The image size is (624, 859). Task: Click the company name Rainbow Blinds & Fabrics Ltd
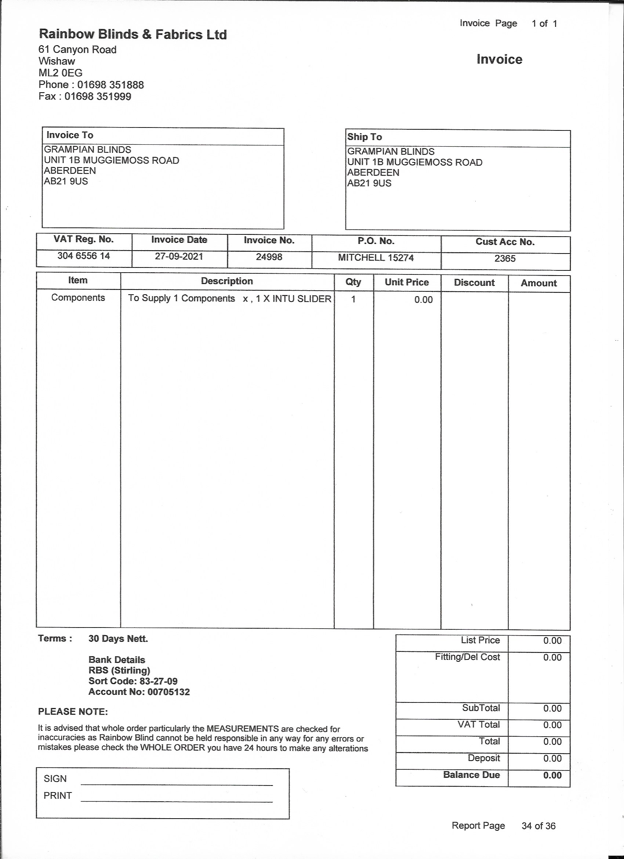tap(133, 35)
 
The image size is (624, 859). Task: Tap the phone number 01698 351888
tap(110, 85)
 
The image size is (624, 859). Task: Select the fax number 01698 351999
tap(98, 97)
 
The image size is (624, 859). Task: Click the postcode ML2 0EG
tap(61, 73)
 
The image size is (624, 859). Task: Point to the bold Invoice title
tap(499, 60)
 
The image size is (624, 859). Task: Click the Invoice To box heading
tap(70, 135)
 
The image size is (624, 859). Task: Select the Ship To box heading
tap(364, 137)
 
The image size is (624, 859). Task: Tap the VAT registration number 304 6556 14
tap(84, 256)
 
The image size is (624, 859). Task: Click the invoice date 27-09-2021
tap(179, 256)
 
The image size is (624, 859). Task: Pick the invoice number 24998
tap(269, 257)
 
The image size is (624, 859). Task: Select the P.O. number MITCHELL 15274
tap(376, 258)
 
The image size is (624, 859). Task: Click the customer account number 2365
tap(505, 259)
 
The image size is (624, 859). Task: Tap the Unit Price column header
tap(406, 282)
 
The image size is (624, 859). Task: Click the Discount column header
tap(474, 283)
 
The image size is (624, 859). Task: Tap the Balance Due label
tap(471, 775)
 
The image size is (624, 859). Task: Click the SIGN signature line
tap(176, 785)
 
